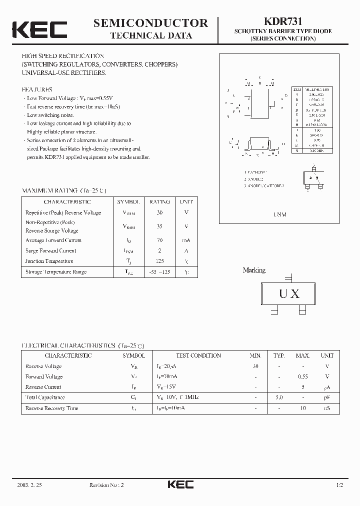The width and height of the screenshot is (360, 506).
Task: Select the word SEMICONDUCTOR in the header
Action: (x=150, y=23)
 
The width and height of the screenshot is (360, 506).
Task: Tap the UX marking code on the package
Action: (x=288, y=294)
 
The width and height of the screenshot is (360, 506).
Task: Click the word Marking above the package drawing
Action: (x=254, y=270)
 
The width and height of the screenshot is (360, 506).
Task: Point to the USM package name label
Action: (x=280, y=214)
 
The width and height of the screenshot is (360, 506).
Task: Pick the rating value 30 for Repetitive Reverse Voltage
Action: (x=159, y=212)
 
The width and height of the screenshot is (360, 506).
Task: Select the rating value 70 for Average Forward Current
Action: (x=159, y=240)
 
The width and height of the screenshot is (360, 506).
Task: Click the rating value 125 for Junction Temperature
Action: (x=159, y=261)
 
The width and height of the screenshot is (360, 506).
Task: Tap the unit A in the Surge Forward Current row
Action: (x=186, y=250)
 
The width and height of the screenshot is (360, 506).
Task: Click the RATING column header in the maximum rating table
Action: (x=159, y=202)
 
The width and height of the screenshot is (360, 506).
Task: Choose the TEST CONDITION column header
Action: (x=198, y=355)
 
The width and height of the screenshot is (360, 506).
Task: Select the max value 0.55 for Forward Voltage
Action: (x=302, y=376)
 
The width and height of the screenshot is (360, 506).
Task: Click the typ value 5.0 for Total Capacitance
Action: (x=278, y=397)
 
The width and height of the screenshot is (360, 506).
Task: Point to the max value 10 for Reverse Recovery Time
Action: (x=302, y=408)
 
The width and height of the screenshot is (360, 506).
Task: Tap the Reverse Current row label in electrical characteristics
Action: (x=43, y=387)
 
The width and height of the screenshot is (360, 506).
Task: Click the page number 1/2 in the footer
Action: (x=340, y=485)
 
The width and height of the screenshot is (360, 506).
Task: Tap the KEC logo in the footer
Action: (x=180, y=484)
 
